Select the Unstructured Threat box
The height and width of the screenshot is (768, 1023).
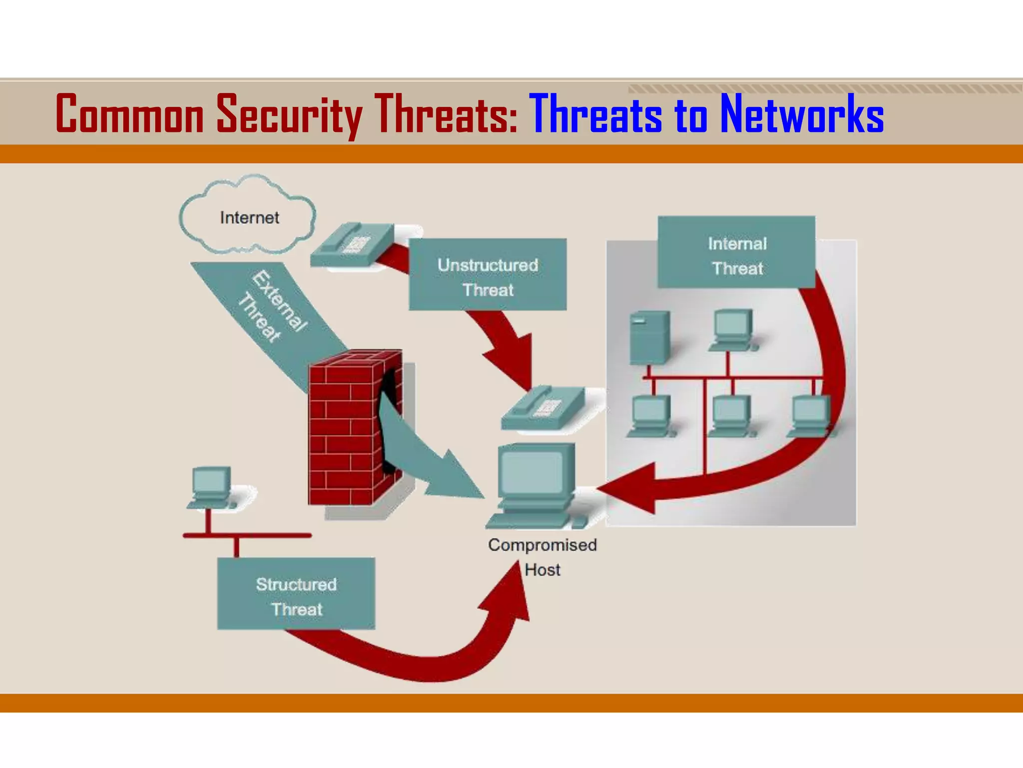point(488,274)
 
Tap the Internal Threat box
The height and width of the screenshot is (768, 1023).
point(736,252)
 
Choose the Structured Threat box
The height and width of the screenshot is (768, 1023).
point(296,593)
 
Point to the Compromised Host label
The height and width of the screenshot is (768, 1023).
point(542,556)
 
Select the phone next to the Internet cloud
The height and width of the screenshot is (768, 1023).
point(352,245)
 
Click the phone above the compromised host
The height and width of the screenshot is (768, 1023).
point(542,407)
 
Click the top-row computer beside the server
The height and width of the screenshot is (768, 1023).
point(732,329)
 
